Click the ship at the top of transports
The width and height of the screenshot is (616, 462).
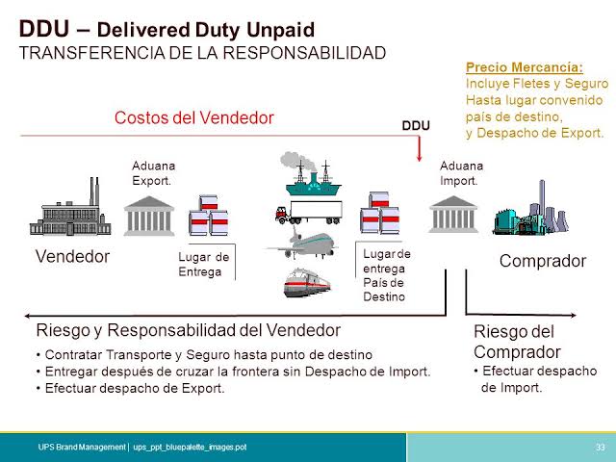click(309, 172)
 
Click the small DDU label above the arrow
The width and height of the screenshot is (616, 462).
click(415, 126)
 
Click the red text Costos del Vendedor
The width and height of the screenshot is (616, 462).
click(193, 117)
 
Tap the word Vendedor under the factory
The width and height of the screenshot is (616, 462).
click(72, 258)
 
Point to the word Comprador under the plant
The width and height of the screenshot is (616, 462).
click(542, 261)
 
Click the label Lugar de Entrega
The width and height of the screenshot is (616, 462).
click(204, 264)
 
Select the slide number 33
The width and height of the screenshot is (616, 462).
click(601, 448)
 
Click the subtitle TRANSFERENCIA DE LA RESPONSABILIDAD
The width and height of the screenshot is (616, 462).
click(203, 52)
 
